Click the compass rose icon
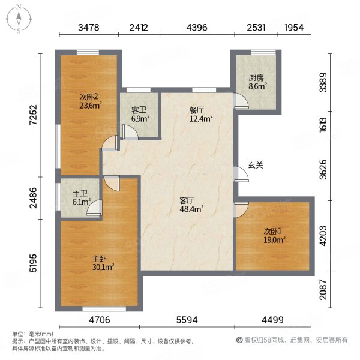point(19,19)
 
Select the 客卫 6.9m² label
point(140,115)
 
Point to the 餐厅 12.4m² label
point(200,115)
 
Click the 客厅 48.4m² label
point(191,205)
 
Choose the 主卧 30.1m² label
point(103,263)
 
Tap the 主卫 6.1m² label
point(82,198)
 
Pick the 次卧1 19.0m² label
point(274,236)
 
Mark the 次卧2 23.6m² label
point(91,101)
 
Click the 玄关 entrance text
point(256,165)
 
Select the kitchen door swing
point(241,100)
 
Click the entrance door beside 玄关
point(241,174)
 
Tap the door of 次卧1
point(241,209)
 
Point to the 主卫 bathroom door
point(94,208)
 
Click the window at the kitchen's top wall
point(263,52)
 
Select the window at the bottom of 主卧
point(104,309)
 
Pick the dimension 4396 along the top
point(197,28)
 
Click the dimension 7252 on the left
point(34,115)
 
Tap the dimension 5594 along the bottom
point(187,320)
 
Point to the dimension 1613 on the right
point(323,125)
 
